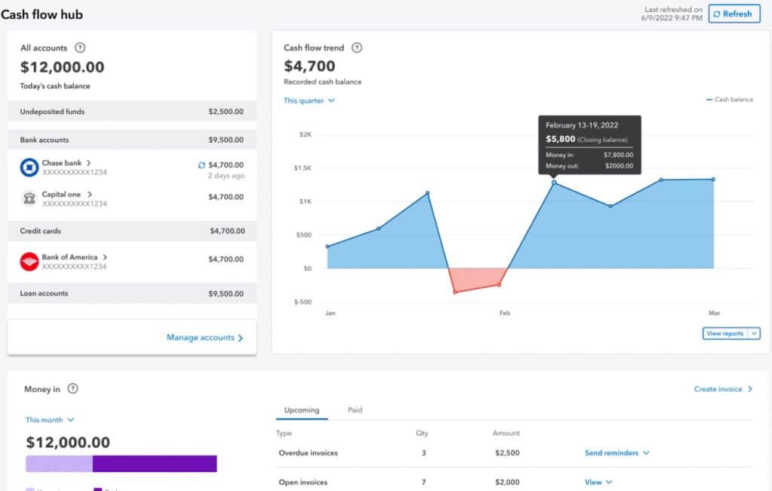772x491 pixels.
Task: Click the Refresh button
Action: (x=734, y=14)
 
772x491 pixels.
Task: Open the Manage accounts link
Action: (x=204, y=338)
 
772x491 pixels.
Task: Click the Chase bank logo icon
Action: (x=29, y=168)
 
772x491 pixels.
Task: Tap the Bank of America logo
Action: (x=29, y=262)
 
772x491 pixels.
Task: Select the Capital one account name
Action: (x=61, y=195)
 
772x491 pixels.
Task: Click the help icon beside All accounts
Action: (x=81, y=48)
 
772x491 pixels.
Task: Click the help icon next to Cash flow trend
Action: (x=357, y=48)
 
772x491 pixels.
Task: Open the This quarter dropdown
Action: (x=309, y=100)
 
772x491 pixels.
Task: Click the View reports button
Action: (x=725, y=333)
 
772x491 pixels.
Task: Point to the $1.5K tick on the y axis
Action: (x=302, y=168)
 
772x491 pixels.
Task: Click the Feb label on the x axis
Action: (x=504, y=312)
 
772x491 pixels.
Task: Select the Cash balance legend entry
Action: (x=729, y=100)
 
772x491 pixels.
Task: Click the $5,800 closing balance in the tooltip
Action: (x=560, y=140)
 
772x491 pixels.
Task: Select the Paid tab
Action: (x=355, y=410)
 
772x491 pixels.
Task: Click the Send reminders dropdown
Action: (x=617, y=453)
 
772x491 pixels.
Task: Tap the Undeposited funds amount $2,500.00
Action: (x=225, y=112)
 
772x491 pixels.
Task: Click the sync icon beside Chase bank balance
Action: (x=201, y=164)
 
